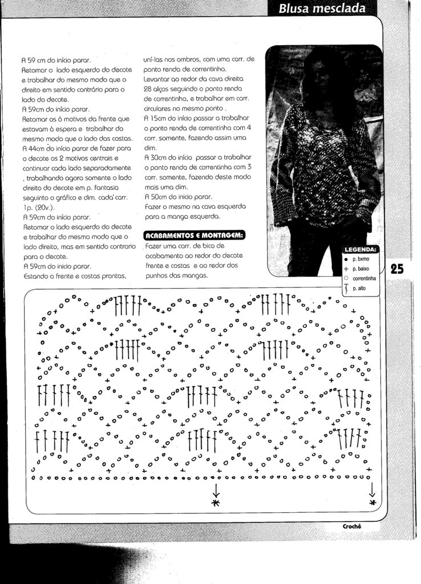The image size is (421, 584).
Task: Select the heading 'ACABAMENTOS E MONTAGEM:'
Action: click(x=195, y=236)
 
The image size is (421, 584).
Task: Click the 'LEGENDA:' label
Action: click(x=361, y=250)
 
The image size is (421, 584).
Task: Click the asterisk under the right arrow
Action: click(x=373, y=502)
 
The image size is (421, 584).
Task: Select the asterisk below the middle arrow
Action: click(x=216, y=502)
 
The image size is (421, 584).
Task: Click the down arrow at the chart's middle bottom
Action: click(x=216, y=489)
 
